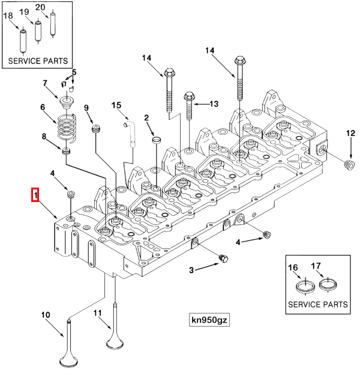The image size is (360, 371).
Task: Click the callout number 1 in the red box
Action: (x=35, y=195)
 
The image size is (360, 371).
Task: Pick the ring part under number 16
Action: (x=306, y=285)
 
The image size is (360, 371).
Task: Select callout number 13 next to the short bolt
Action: (x=213, y=104)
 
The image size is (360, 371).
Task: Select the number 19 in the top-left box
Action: (x=24, y=12)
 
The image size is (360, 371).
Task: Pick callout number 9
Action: (x=86, y=108)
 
